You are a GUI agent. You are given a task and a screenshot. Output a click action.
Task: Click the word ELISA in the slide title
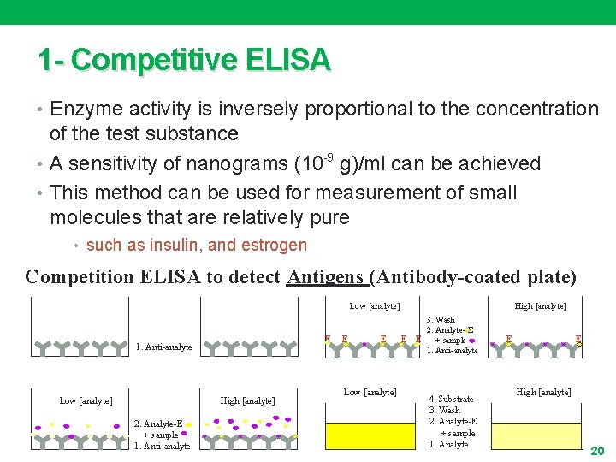[287, 60]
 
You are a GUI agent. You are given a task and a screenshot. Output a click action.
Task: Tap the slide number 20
[597, 450]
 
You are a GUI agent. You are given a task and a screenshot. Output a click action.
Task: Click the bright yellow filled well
[370, 435]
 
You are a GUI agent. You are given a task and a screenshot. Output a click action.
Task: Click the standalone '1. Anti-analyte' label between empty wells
[164, 347]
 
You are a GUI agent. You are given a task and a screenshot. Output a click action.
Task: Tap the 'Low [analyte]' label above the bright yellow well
[370, 392]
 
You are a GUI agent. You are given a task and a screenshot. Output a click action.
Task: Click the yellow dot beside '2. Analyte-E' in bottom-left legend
[189, 423]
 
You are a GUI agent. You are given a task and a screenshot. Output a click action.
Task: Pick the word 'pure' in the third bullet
[330, 217]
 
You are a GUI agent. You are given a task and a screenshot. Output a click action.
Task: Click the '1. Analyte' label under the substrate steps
[448, 444]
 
